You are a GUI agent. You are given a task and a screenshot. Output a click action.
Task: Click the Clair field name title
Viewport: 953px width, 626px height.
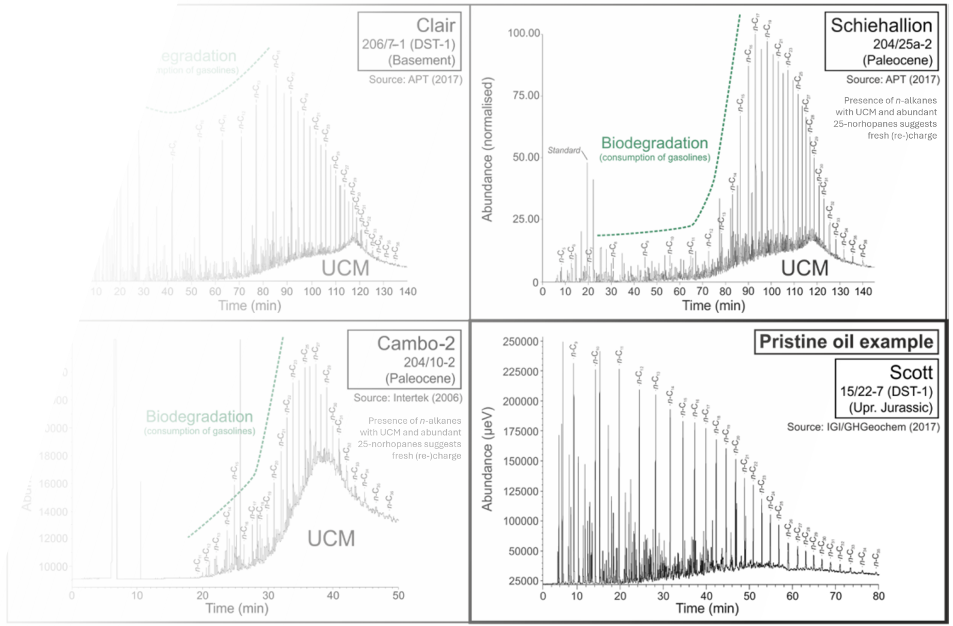[x=435, y=25]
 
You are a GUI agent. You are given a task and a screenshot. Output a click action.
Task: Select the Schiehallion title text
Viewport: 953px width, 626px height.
[x=881, y=25]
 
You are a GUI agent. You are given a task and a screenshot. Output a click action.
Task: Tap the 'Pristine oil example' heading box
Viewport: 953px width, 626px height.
[x=846, y=342]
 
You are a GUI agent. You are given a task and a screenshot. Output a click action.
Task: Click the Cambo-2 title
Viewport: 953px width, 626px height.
[x=416, y=343]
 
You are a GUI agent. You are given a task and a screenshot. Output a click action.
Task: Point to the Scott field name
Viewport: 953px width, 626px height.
[x=910, y=372]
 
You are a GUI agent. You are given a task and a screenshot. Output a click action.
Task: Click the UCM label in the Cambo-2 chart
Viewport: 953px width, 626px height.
[x=331, y=538]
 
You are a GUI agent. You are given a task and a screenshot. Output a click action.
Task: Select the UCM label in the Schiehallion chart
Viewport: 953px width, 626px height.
[x=804, y=268]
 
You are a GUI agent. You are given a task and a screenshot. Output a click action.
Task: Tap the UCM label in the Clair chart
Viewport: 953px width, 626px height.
[x=345, y=268]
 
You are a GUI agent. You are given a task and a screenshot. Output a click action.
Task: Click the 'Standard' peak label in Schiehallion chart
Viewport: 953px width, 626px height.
[x=564, y=150]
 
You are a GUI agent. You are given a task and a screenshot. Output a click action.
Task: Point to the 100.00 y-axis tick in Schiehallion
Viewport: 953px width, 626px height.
[x=524, y=32]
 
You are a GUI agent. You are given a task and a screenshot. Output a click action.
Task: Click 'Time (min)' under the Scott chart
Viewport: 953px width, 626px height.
[x=707, y=608]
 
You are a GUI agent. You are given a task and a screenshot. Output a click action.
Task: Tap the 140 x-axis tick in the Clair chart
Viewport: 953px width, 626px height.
[x=408, y=292]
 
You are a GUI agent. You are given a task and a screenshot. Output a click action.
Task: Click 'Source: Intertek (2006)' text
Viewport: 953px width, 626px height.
[x=408, y=397]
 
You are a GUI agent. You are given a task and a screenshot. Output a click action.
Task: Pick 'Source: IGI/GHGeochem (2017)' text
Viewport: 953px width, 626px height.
[x=863, y=427]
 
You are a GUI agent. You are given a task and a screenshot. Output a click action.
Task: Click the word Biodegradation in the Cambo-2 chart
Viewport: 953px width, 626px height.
[x=199, y=417]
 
